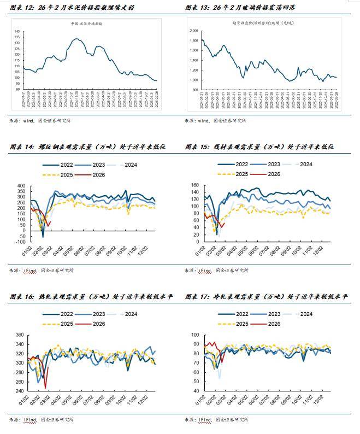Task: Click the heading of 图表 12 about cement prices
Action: tap(71, 8)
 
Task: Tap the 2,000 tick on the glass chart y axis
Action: tap(194, 31)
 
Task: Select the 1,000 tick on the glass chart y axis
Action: tap(194, 80)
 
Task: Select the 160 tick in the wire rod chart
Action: tap(195, 186)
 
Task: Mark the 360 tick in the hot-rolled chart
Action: tap(20, 335)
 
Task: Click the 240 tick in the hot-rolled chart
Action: tap(20, 391)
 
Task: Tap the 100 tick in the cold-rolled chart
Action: tap(195, 335)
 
